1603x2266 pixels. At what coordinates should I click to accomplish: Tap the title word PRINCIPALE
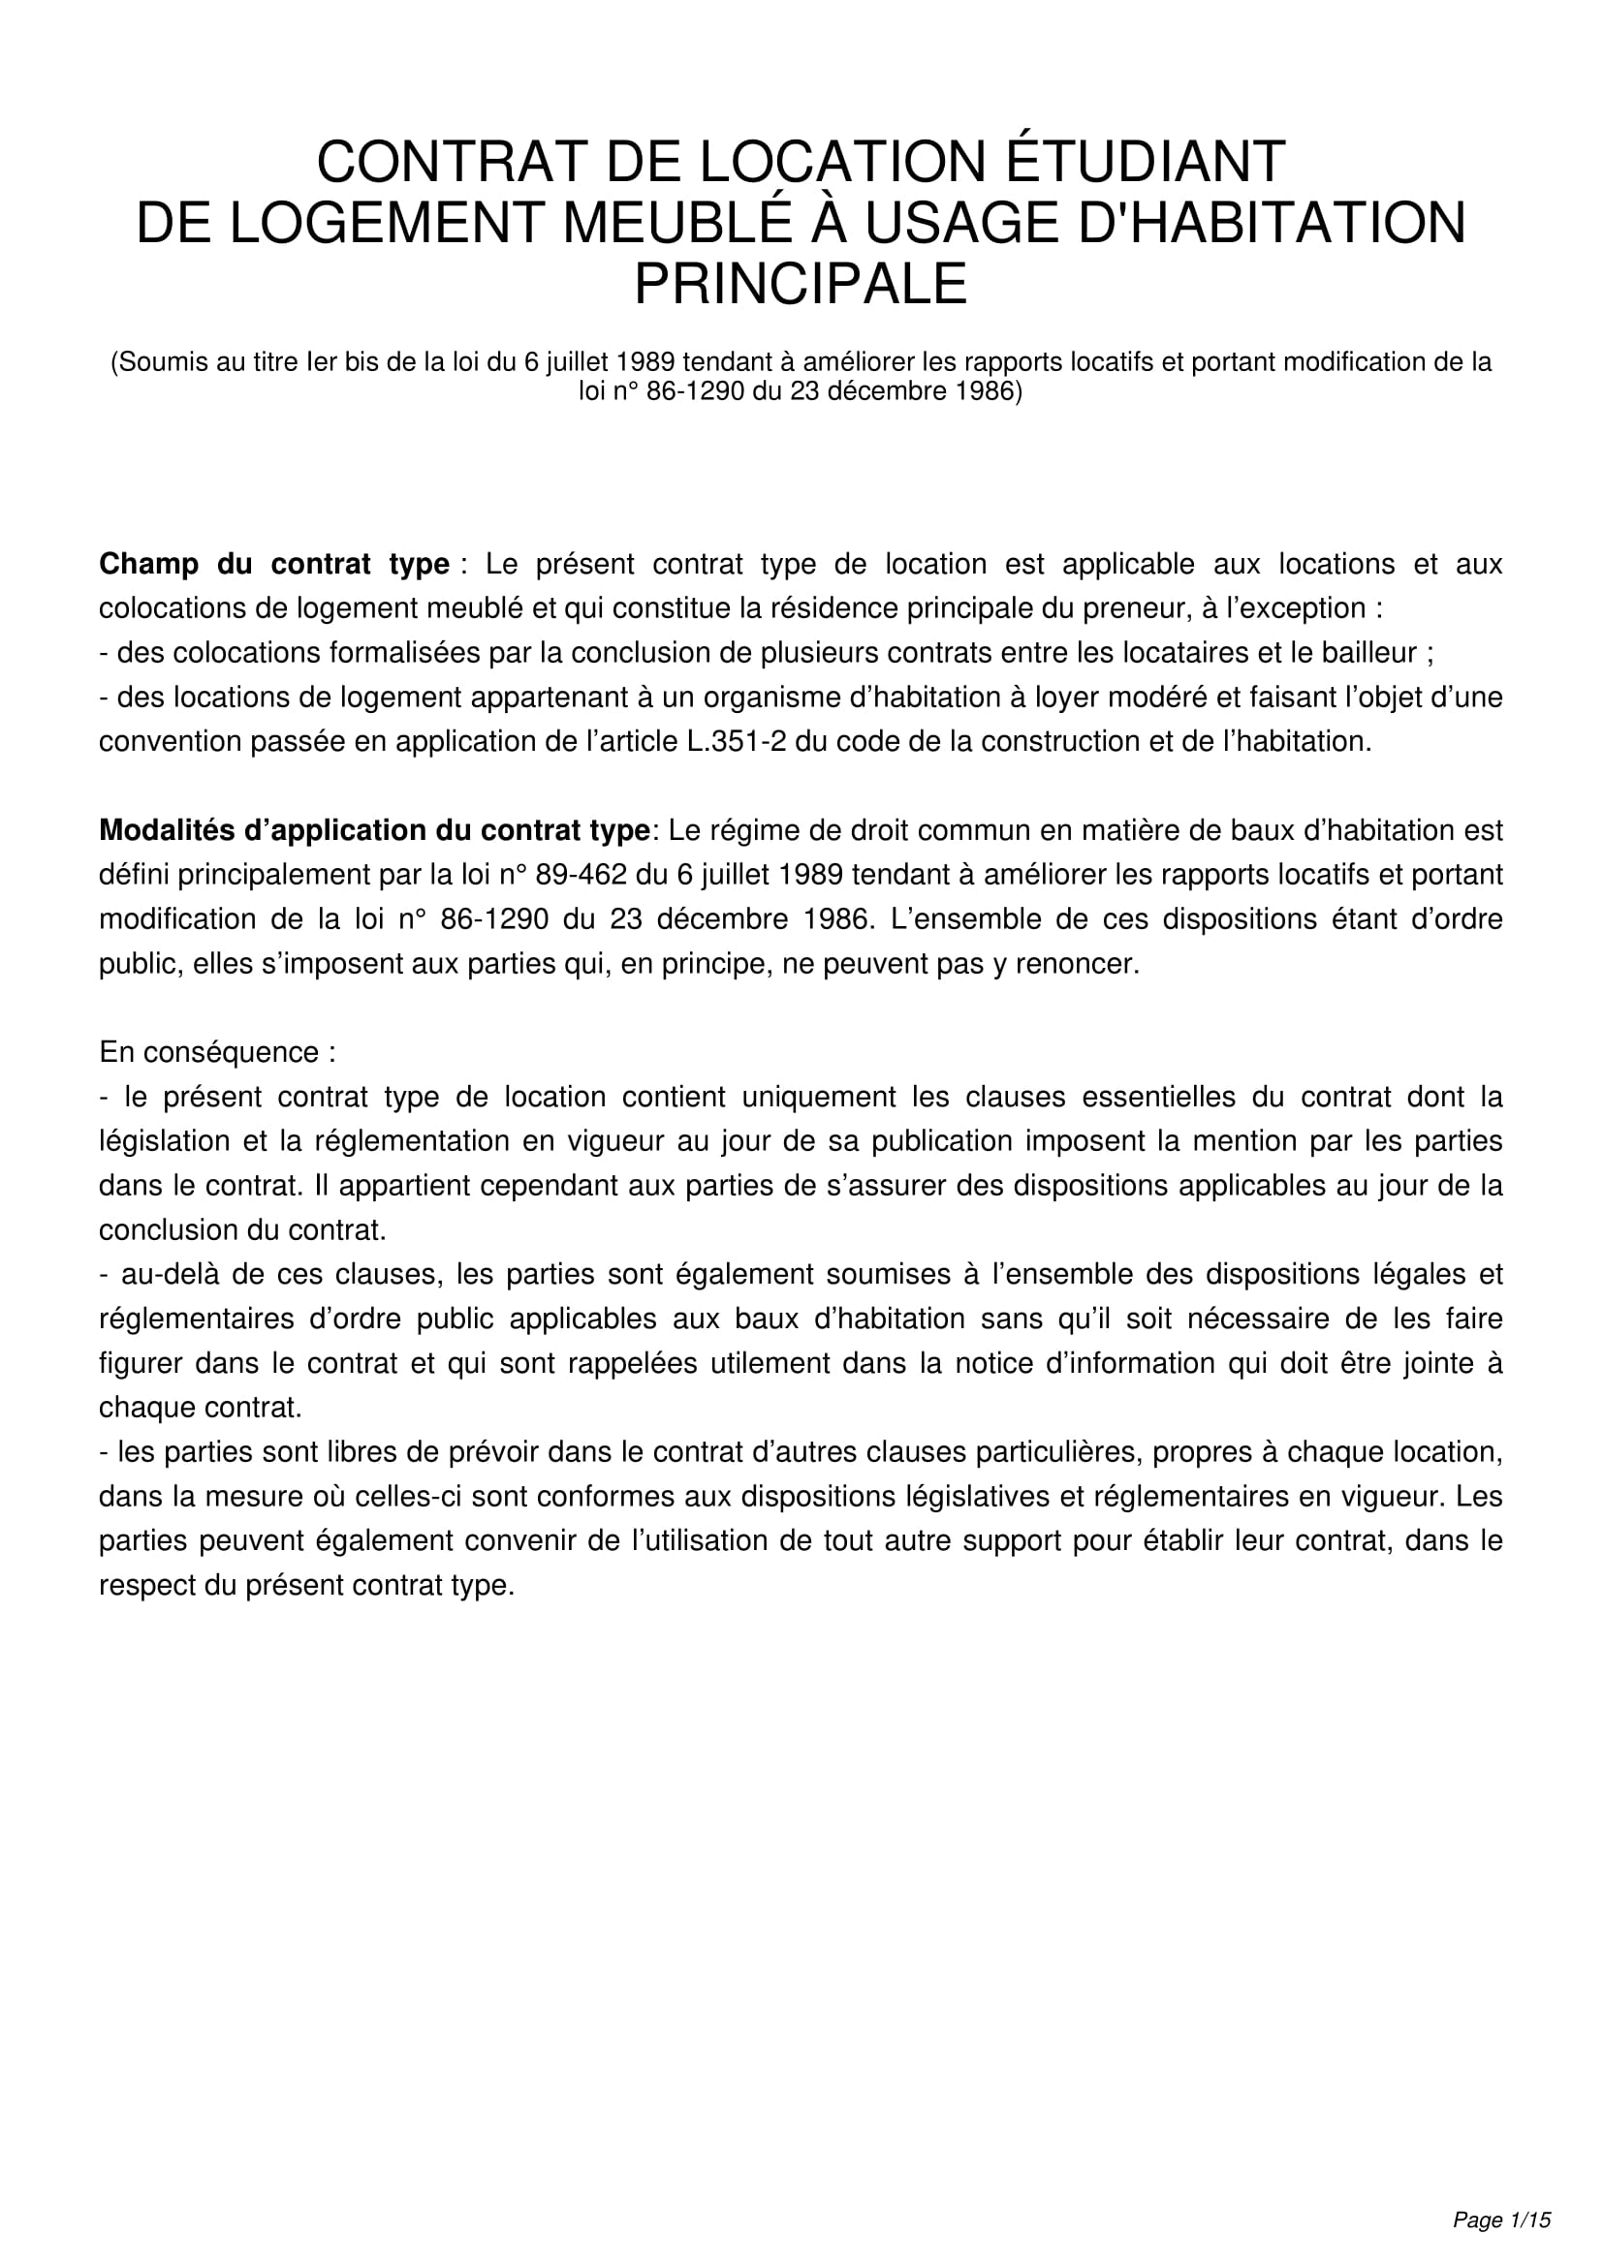click(801, 284)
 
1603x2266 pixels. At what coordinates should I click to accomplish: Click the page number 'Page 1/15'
click(1501, 2219)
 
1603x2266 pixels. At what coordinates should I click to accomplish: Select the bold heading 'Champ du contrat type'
click(274, 565)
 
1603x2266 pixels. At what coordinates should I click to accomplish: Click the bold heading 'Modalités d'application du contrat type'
click(374, 830)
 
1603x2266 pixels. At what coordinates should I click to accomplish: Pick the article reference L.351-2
click(737, 741)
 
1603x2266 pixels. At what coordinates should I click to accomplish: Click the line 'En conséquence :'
click(217, 1052)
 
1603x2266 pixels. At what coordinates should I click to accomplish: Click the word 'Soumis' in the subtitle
click(162, 362)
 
